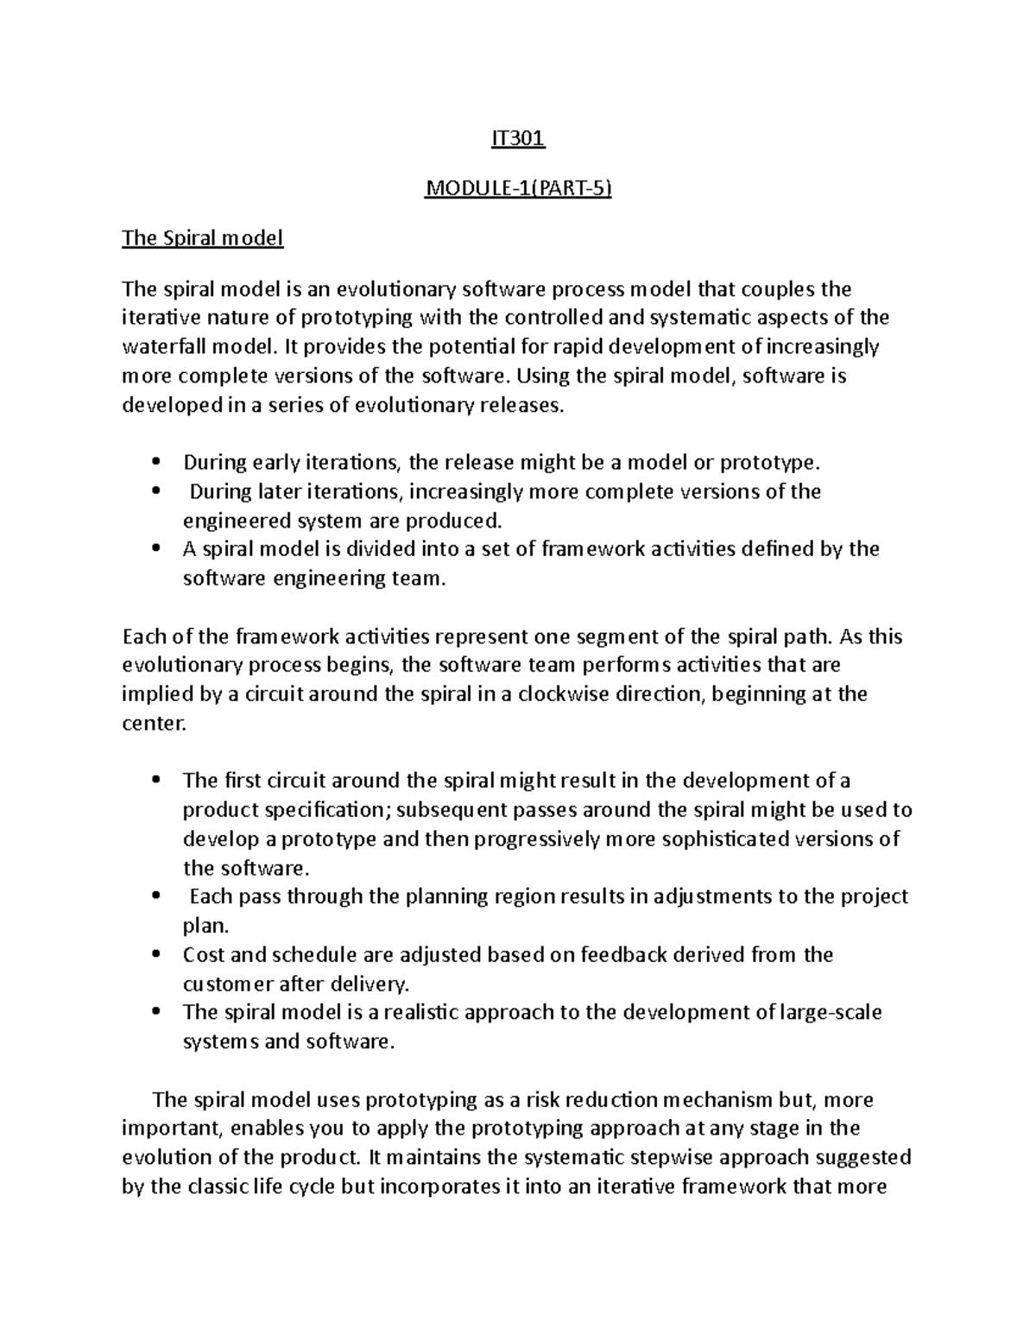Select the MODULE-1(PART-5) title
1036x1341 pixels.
coord(517,188)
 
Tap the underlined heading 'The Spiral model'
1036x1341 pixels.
coord(202,237)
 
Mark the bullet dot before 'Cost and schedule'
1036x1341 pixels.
coord(155,955)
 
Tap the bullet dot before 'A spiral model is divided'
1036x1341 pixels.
coord(155,549)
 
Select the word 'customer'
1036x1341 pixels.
coord(226,984)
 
